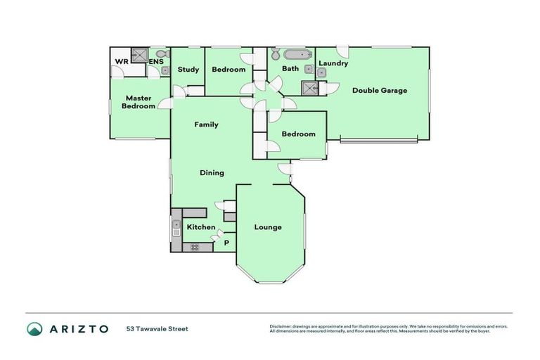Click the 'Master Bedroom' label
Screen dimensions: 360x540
point(139,102)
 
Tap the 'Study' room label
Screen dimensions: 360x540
point(188,70)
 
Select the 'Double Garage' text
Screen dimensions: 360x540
point(380,90)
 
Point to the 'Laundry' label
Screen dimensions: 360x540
point(333,63)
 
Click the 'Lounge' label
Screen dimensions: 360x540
point(268,227)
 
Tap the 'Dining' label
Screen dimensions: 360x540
point(212,172)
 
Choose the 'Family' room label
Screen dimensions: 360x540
point(206,124)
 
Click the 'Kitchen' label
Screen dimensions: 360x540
point(201,227)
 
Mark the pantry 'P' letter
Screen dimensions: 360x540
point(226,243)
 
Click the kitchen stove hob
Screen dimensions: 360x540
point(194,247)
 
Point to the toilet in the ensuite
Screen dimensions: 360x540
point(162,53)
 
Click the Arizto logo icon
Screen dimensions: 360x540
point(34,328)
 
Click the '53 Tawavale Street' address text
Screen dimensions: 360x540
point(157,328)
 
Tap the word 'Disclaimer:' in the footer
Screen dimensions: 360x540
point(281,326)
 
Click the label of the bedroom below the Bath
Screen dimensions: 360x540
point(298,134)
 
